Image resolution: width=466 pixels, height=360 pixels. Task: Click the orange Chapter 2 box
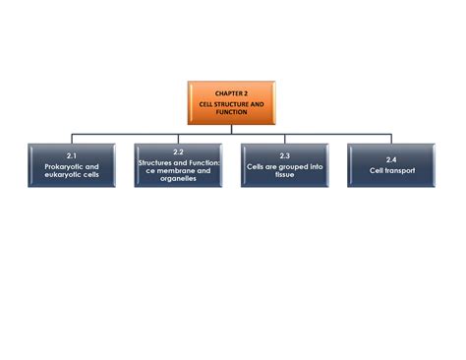(232, 102)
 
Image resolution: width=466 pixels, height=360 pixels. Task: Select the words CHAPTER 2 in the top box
(232, 93)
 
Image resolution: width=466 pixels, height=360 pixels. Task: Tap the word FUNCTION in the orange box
(232, 112)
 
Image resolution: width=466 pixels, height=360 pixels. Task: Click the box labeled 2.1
(72, 164)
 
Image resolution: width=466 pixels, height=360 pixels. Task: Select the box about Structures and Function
(178, 164)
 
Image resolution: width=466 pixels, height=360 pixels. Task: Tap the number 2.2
(178, 151)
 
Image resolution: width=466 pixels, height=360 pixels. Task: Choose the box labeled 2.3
(284, 164)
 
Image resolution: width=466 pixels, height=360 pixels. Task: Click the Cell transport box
(390, 164)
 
